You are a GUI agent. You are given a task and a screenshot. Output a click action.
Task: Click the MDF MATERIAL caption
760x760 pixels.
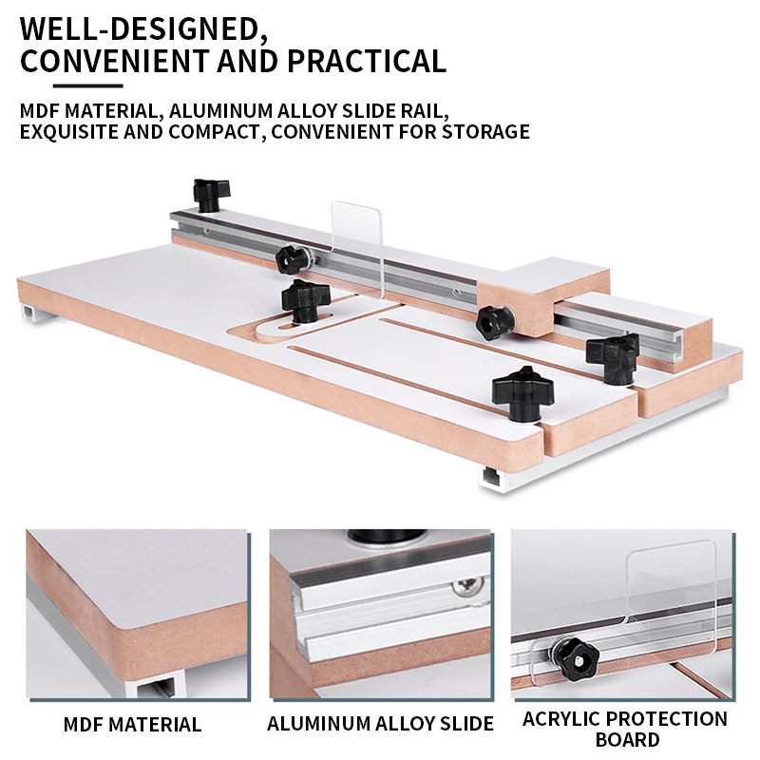(x=132, y=725)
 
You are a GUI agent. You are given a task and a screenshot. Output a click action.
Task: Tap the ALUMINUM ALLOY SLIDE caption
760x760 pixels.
(x=380, y=724)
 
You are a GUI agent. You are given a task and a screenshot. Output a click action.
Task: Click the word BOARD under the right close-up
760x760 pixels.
(x=626, y=739)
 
